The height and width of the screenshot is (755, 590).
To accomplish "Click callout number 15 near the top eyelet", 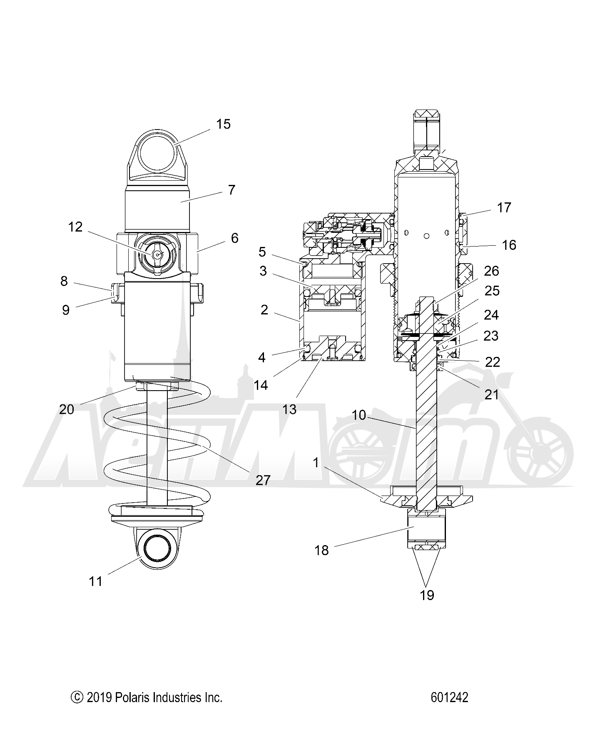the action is pos(223,124).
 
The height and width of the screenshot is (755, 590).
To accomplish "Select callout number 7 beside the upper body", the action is pos(232,190).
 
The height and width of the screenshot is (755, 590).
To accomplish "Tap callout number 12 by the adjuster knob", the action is pos(75,227).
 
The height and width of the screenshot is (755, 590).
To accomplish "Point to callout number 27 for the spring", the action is pos(263,480).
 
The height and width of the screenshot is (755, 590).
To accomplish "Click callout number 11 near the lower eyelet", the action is pos(96,581).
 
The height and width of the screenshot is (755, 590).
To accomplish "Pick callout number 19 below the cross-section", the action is pos(427,595).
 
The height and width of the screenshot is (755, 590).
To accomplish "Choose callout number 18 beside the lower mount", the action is pos(321,551).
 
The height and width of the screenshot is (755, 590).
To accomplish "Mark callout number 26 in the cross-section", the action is pos(492,271).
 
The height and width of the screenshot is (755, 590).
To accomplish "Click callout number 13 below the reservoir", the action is pos(289,409).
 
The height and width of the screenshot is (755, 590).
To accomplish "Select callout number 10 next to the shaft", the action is pos(359,415).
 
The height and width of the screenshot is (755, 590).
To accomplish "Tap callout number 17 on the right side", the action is pos(504,207).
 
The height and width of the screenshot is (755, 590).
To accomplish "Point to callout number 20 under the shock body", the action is pos(67,410).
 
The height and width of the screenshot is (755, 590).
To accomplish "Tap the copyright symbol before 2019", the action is pos(77,698).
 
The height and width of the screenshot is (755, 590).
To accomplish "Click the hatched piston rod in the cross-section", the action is pos(426,416).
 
